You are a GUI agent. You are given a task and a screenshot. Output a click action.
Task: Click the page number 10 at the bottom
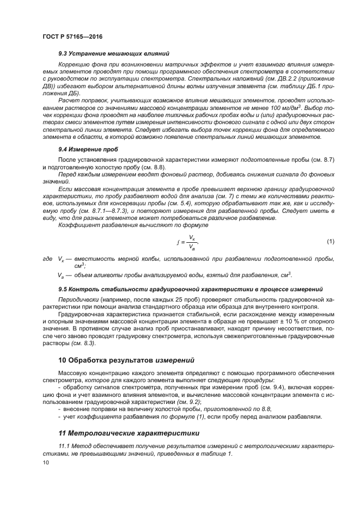[46, 462]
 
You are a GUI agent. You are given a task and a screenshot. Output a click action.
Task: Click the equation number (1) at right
[330, 241]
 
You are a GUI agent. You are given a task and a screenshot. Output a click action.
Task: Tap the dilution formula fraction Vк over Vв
[192, 242]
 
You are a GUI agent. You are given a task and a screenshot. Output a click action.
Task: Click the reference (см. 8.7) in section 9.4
[321, 159]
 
